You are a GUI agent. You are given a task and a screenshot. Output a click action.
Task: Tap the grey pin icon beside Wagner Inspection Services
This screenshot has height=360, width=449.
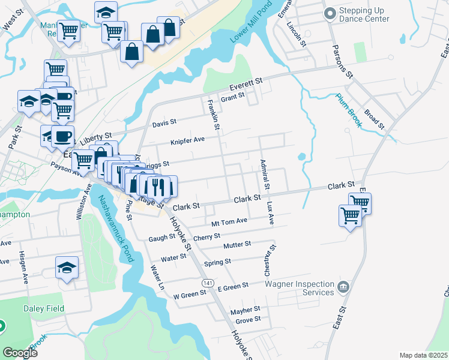click(343, 286)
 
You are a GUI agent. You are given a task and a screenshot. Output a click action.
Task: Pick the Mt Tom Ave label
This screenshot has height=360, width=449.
click(229, 221)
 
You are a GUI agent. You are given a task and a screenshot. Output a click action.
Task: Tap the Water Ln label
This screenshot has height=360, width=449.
click(157, 278)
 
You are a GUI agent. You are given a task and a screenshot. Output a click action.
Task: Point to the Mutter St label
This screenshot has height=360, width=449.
click(237, 245)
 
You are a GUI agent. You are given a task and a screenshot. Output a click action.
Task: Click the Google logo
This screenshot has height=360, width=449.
click(20, 353)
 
